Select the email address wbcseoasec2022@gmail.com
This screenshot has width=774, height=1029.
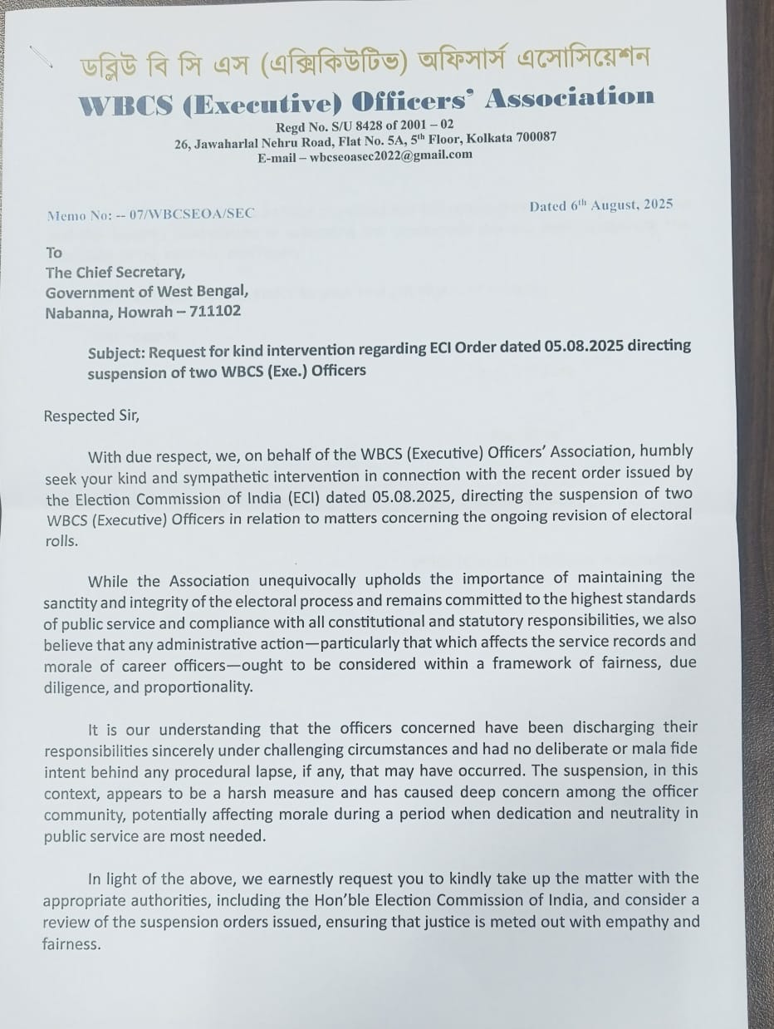tap(390, 155)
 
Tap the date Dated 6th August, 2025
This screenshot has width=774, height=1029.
tap(600, 204)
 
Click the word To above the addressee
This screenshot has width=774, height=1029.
tap(54, 252)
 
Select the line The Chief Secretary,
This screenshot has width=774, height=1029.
tap(115, 272)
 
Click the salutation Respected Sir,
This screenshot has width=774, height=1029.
tap(91, 416)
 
